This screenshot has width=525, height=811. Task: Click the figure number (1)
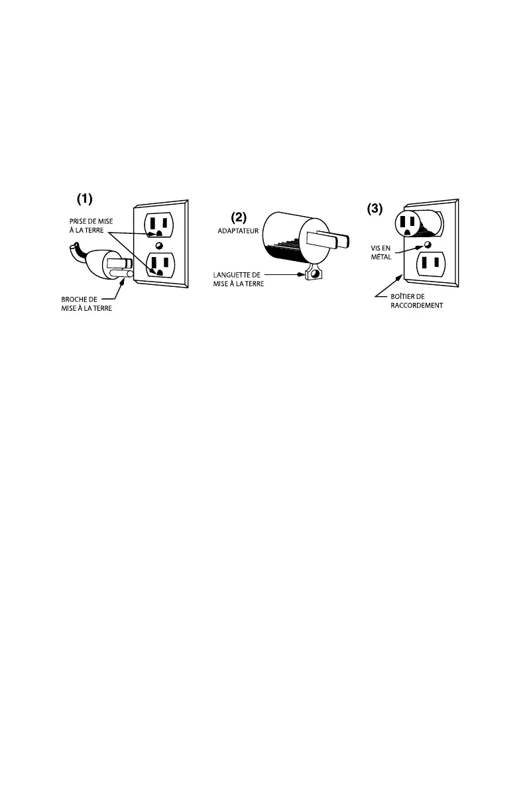point(86,198)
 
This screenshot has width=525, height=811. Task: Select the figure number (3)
point(375,209)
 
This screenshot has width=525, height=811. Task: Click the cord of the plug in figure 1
point(76,251)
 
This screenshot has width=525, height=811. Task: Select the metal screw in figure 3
point(426,245)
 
